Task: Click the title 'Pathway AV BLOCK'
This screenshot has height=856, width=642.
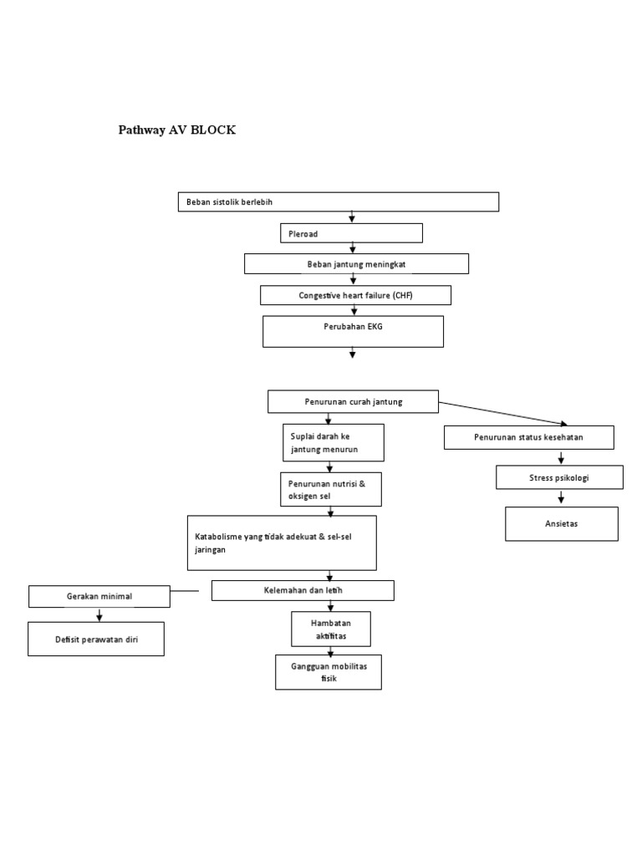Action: pos(176,130)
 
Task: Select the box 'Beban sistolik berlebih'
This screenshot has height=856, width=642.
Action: pos(338,202)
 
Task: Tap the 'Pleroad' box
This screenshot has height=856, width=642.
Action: pos(351,233)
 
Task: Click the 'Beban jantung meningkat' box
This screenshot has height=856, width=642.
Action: pos(356,264)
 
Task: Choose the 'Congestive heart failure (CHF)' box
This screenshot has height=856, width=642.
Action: pos(355,295)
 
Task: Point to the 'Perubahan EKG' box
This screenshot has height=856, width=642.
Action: pos(353,331)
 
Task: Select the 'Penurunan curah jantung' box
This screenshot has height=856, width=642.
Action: pos(353,402)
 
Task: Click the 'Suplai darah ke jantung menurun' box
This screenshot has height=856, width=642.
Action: pos(334,442)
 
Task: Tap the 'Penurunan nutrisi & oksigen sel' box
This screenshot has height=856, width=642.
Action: pos(331,490)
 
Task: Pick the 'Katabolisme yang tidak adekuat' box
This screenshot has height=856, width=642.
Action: pos(282,543)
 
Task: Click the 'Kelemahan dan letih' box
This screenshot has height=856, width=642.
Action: pos(303,591)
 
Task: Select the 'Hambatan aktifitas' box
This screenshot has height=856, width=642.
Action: pos(330,629)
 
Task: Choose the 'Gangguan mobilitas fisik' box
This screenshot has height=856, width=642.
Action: pos(329,672)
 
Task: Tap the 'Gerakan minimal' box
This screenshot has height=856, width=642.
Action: pos(99,597)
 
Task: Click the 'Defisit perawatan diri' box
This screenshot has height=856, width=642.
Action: pos(96,639)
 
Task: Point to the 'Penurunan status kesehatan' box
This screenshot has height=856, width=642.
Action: pos(528,437)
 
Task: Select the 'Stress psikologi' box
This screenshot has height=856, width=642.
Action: pos(560,477)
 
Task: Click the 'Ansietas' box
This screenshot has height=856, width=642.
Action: pos(561,524)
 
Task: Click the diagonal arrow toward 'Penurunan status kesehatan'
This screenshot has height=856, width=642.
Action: pos(502,414)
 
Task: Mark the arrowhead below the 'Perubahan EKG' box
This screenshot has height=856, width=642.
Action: pos(352,354)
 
